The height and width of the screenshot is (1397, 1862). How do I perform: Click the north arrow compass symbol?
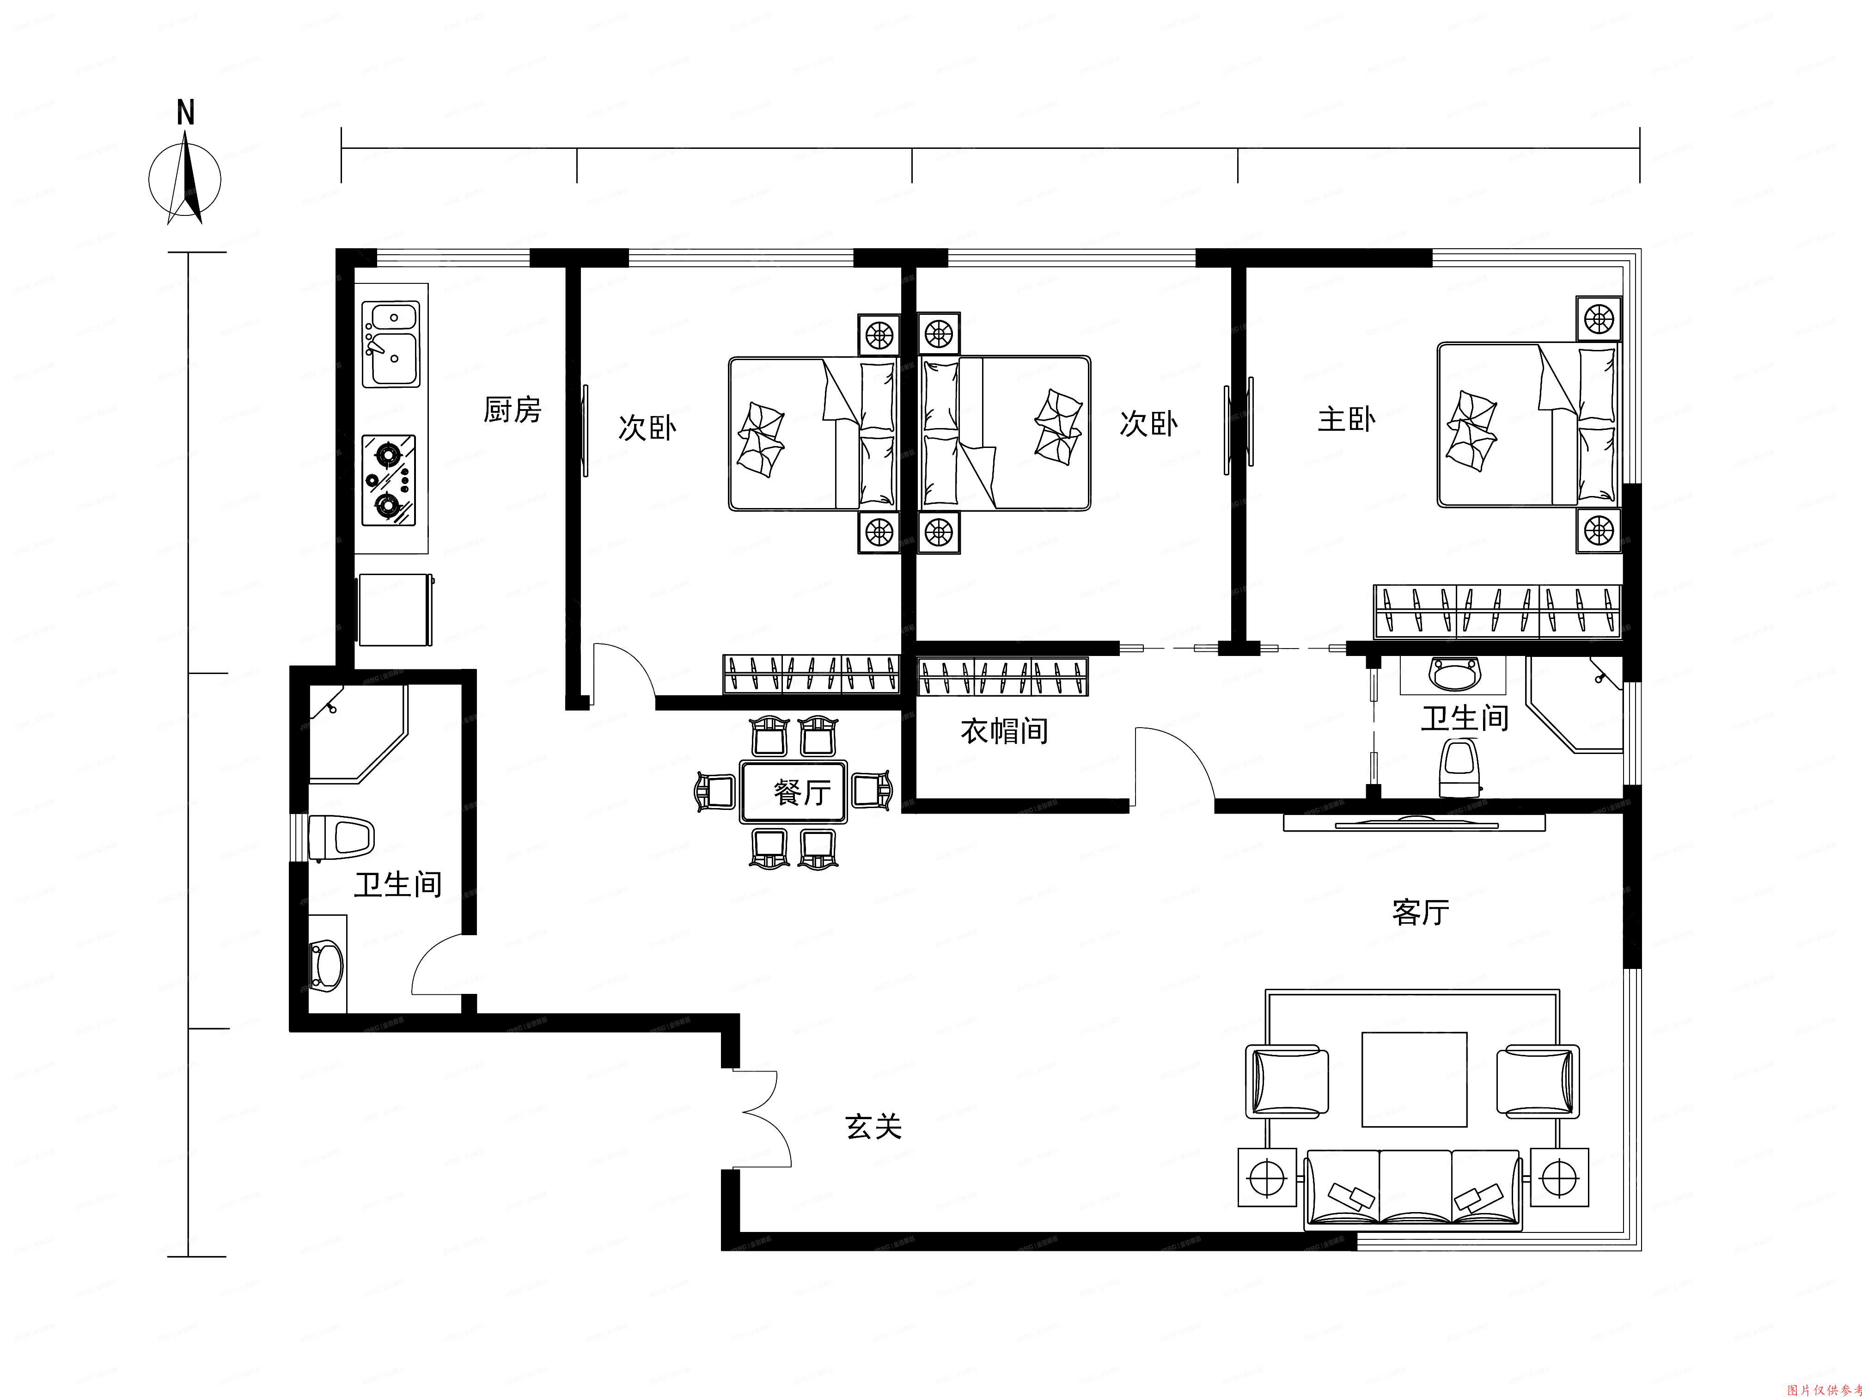click(x=185, y=179)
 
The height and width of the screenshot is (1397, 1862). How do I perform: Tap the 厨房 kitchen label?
click(x=512, y=410)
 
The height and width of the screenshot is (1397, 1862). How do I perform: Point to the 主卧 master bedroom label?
click(x=1346, y=419)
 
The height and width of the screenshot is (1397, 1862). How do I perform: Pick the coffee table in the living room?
click(x=1414, y=1079)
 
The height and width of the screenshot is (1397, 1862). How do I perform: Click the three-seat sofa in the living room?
click(x=1414, y=1189)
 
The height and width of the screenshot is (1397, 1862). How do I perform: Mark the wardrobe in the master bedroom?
click(x=1496, y=611)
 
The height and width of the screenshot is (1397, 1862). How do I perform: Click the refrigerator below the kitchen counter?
click(x=395, y=610)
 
